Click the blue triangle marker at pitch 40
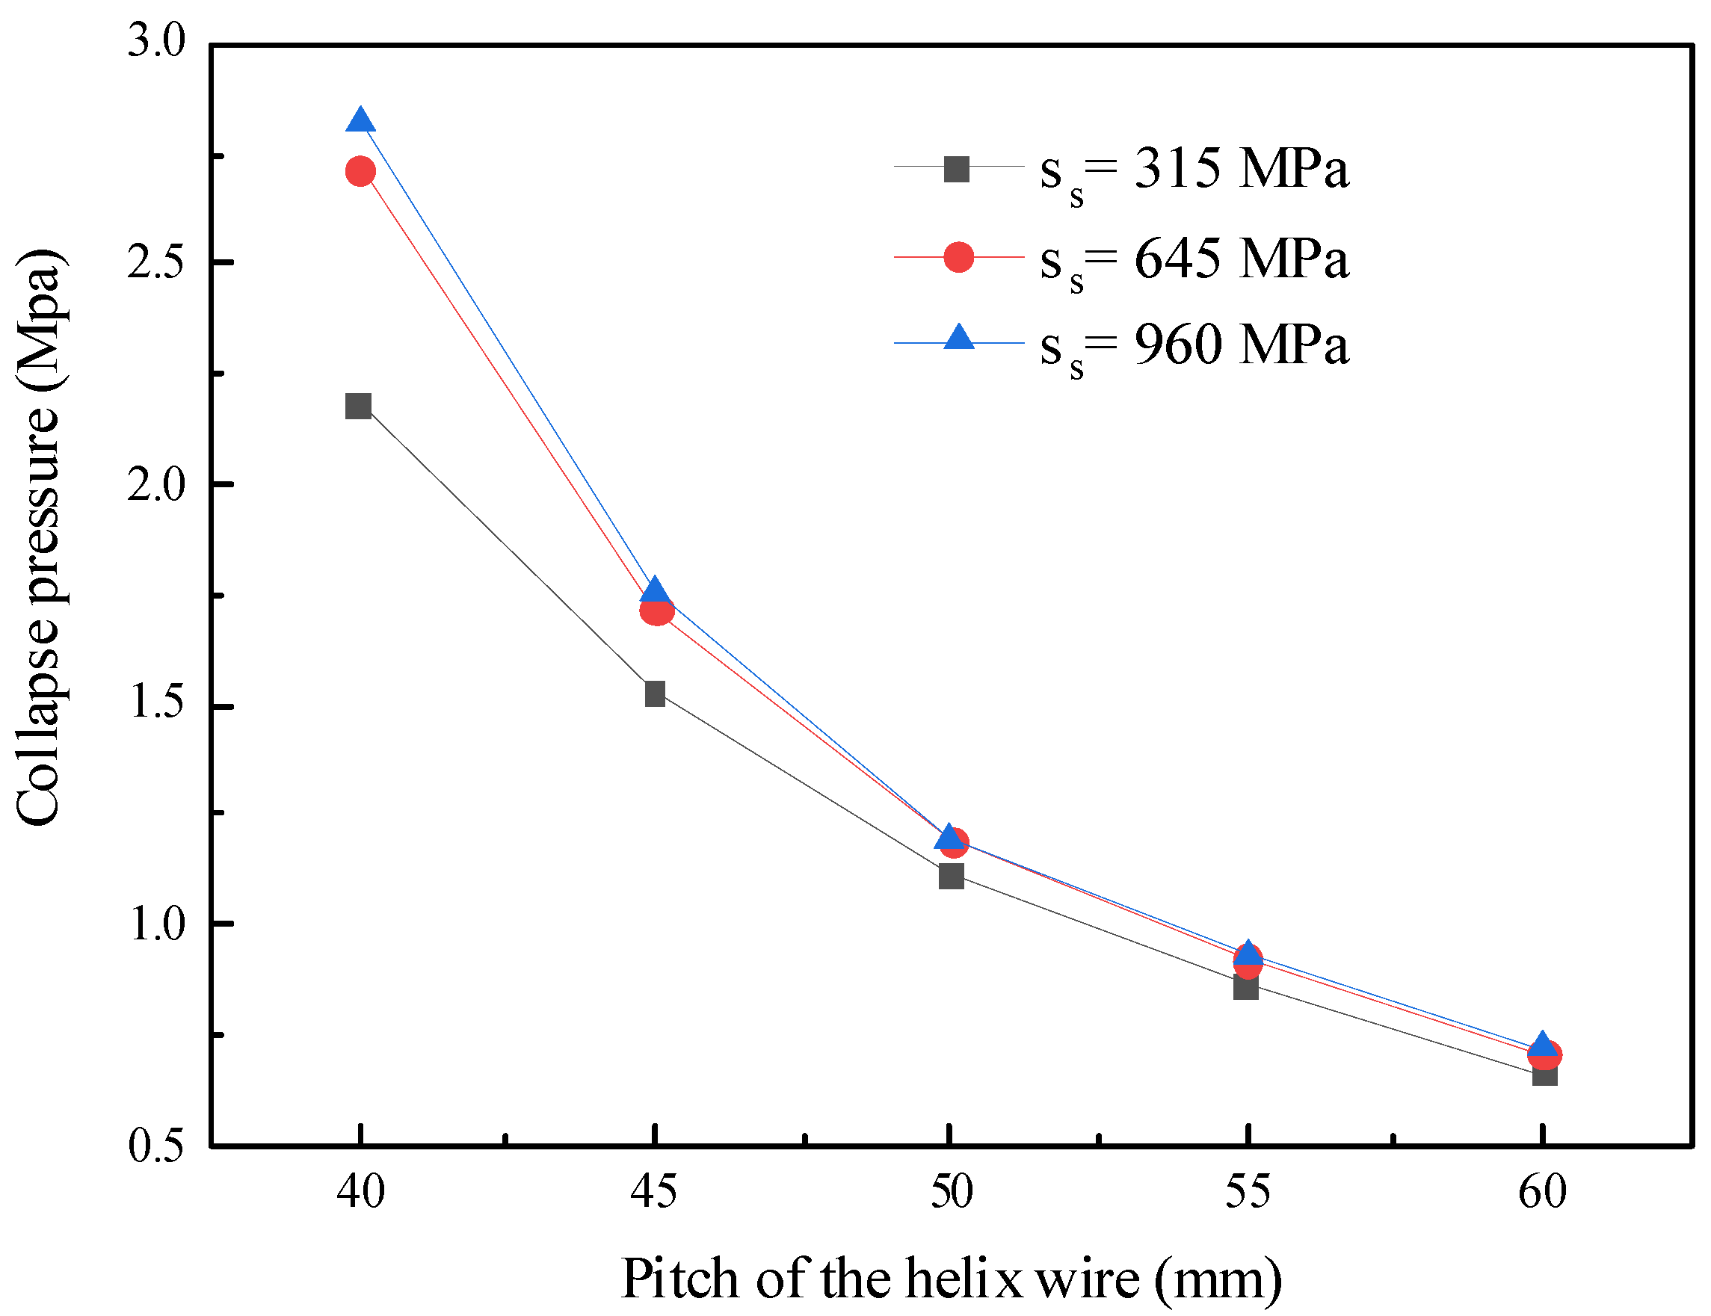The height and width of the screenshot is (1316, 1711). click(360, 121)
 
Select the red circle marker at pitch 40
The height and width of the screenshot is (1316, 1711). click(360, 171)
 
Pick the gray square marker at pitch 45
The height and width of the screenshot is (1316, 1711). click(655, 693)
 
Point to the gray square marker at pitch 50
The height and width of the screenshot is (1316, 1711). click(951, 876)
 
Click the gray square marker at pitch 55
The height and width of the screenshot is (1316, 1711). click(1245, 988)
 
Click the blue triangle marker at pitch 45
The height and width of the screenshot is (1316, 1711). click(655, 590)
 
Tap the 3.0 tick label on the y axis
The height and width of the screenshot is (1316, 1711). click(157, 41)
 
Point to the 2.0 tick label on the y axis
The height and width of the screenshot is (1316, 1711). click(157, 485)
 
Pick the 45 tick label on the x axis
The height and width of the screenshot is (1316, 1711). click(654, 1192)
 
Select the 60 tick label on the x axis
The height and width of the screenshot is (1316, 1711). click(1542, 1192)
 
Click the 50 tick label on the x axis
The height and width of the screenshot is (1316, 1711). click(951, 1192)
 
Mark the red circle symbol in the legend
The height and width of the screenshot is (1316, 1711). click(958, 257)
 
